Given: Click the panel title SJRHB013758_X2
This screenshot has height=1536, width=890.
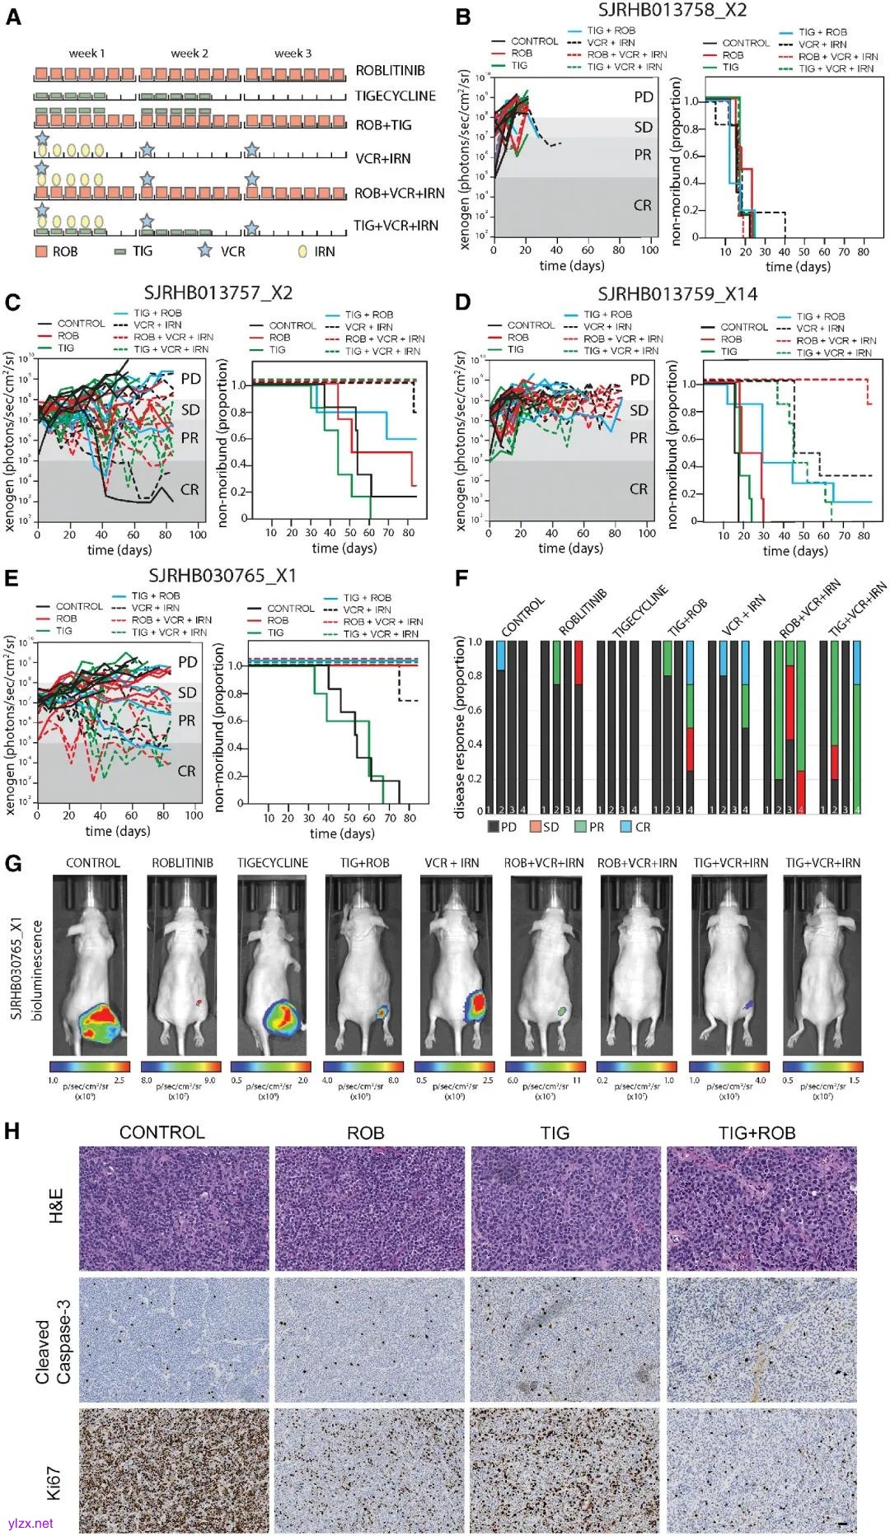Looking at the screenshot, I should click(x=672, y=11).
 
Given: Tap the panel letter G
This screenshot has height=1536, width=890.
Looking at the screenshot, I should click(x=12, y=863).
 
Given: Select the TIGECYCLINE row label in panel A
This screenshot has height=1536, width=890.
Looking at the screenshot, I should click(x=395, y=96).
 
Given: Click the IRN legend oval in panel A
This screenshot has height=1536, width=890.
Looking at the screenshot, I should click(x=302, y=250).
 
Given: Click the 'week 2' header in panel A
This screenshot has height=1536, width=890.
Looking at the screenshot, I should click(x=189, y=54).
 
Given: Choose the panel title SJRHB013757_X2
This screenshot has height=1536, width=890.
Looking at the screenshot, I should click(x=218, y=293).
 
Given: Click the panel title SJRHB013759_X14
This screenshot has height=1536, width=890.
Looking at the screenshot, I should click(x=677, y=294).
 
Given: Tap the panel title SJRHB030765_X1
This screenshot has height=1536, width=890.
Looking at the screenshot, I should click(x=222, y=576).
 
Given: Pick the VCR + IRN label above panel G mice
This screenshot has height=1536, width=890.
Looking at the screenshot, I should click(x=450, y=863).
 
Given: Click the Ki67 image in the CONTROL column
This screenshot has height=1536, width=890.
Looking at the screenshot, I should click(x=174, y=1471).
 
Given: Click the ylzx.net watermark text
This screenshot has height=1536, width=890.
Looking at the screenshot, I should click(x=30, y=1523).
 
